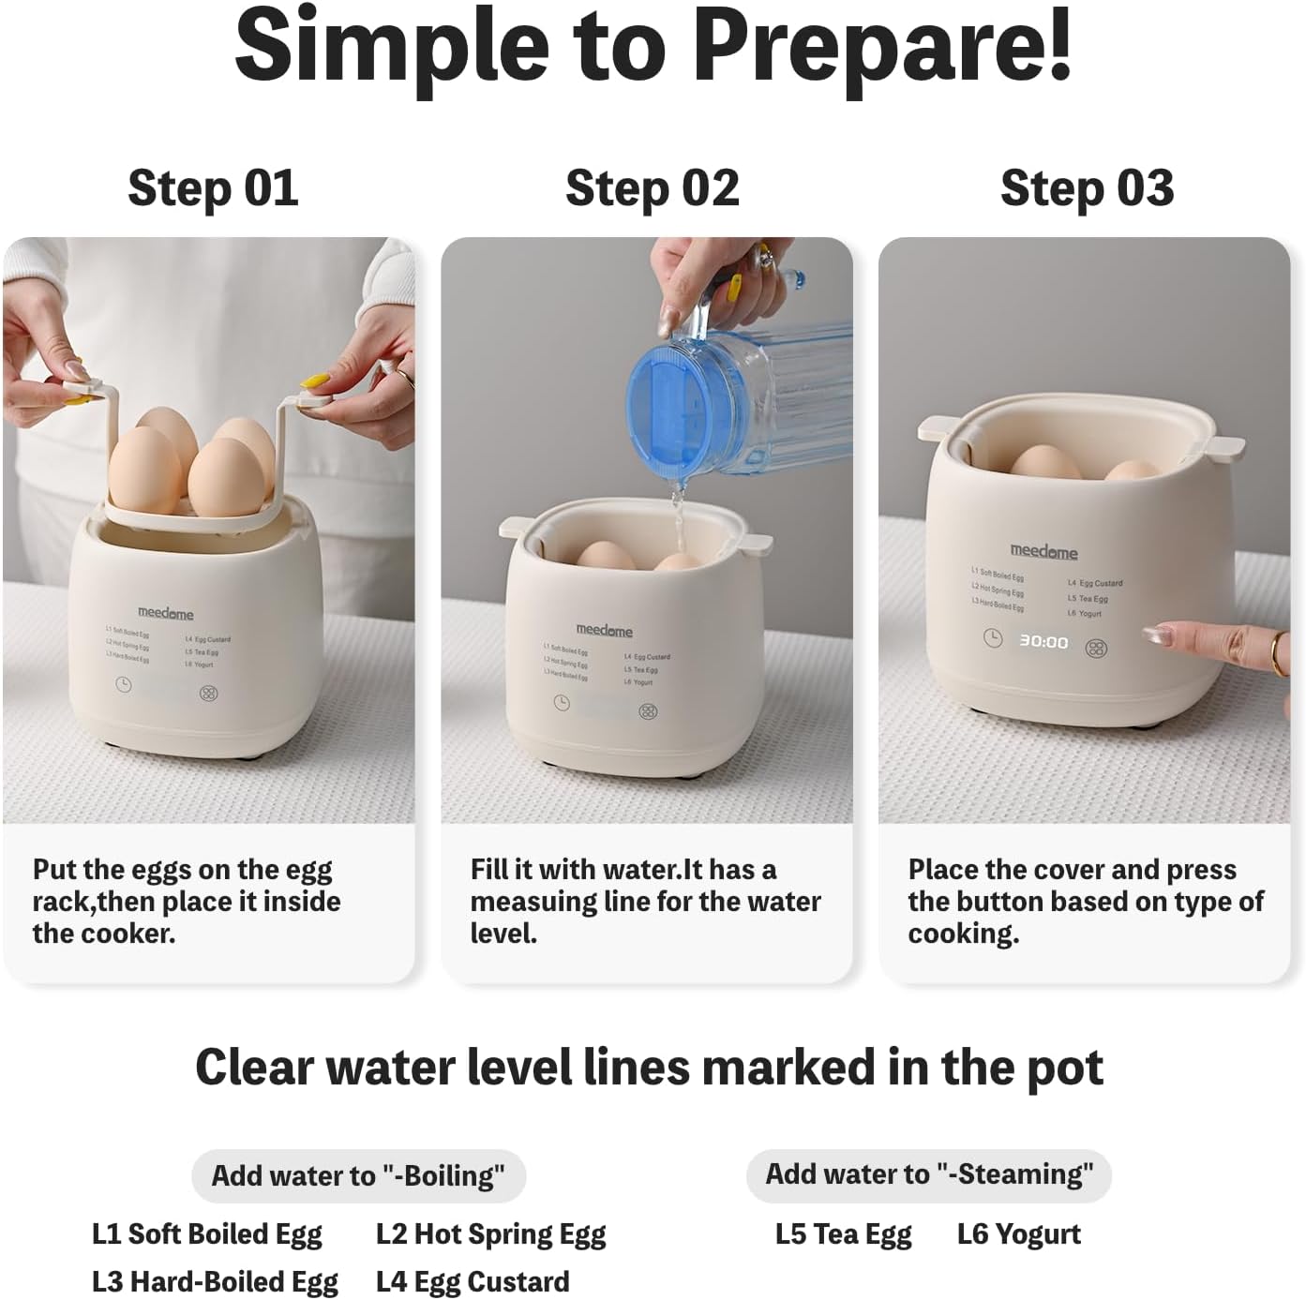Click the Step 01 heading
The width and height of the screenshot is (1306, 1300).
coord(213,188)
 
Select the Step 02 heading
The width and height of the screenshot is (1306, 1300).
coord(652,188)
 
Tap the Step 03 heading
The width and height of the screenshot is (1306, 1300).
coord(1087,188)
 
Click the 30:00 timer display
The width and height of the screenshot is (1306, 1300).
coord(1043,642)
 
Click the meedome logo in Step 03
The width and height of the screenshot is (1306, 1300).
coord(1043,552)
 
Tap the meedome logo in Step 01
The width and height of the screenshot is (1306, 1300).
coord(166,613)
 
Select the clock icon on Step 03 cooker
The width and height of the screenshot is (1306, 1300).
coord(992,639)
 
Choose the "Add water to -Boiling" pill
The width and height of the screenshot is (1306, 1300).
coord(358,1175)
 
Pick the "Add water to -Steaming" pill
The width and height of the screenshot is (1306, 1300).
coord(928,1174)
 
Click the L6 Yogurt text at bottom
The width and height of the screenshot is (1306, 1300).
coord(1018,1234)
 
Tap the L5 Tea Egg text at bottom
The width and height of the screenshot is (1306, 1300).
coord(843,1234)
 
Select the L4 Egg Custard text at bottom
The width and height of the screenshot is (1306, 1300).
coord(473,1281)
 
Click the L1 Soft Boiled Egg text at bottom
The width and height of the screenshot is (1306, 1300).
coord(207,1234)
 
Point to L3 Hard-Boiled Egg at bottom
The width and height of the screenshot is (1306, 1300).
coord(215,1281)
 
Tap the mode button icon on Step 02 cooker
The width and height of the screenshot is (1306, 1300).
coord(648,711)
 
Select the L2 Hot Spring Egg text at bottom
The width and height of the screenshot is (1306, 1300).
coord(490,1234)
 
